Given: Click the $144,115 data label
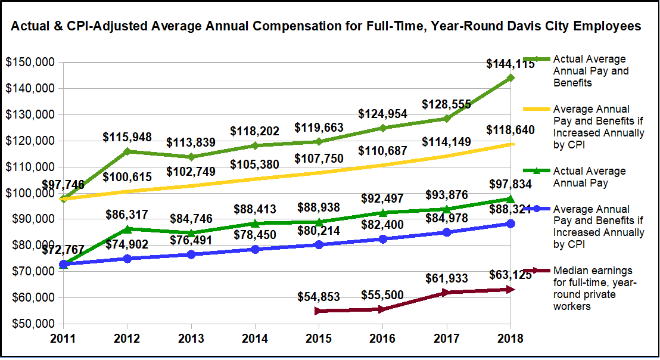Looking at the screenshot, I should tap(510, 64).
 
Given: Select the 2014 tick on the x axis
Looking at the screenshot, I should tap(254, 339).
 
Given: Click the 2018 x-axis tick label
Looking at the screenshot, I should tap(510, 339).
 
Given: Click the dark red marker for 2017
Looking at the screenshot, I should tap(446, 292).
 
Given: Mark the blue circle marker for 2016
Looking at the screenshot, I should tap(382, 239).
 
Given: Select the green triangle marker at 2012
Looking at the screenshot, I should tap(127, 229).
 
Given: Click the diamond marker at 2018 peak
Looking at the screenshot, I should tap(510, 77).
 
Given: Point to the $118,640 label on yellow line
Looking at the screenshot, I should tap(510, 130).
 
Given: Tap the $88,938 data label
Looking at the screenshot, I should tap(318, 208).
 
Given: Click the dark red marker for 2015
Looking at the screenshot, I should tap(318, 311).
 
